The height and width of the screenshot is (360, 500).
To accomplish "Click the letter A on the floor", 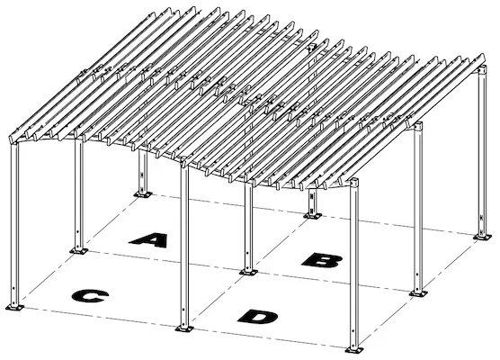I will click(x=148, y=239).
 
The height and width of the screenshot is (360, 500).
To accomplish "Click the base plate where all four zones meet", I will click(x=247, y=269).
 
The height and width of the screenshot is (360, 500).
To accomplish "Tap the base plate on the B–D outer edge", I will click(x=418, y=293).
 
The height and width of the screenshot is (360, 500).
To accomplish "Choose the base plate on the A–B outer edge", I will click(x=312, y=214).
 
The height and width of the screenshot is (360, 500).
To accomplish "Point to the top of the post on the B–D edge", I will click(x=418, y=130).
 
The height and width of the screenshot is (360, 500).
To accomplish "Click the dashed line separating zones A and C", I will click(x=162, y=260).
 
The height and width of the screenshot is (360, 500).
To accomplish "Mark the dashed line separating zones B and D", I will click(x=333, y=282).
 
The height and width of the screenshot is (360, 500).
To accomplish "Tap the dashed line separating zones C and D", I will click(x=216, y=301).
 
